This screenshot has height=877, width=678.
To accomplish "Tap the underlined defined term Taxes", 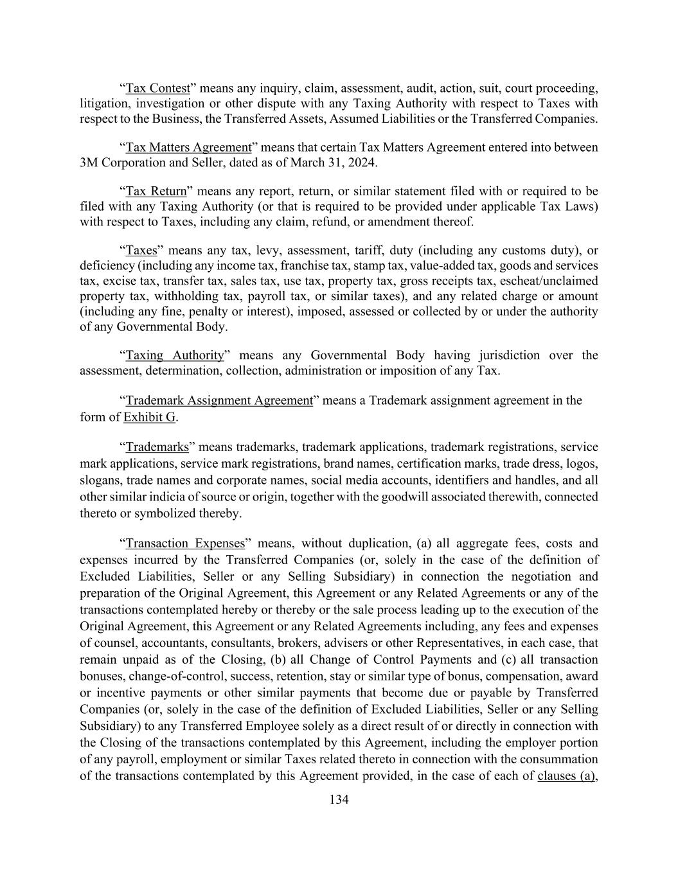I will [141, 250].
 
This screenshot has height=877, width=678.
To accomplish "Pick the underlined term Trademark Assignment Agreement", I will [219, 400].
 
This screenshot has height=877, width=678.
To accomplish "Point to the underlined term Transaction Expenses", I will [185, 543].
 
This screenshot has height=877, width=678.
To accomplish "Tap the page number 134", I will [339, 799].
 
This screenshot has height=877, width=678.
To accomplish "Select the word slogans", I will [100, 480].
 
